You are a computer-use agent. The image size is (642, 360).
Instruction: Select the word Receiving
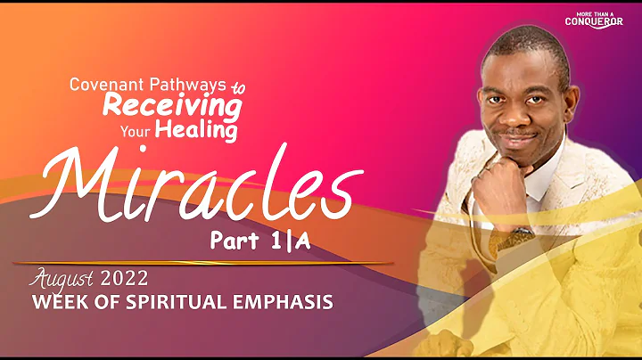click(172, 106)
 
